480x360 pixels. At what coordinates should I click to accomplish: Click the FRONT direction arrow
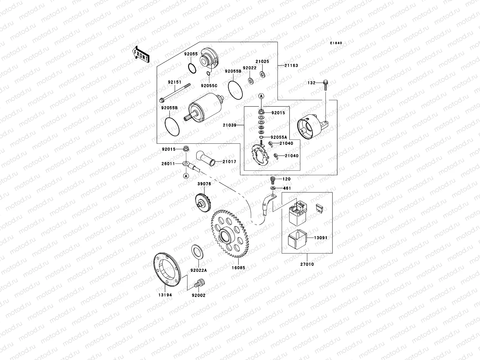pyautogui.click(x=141, y=54)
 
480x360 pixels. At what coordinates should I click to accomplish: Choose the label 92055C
pyautogui.click(x=209, y=85)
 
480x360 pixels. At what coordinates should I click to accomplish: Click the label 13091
pyautogui.click(x=321, y=238)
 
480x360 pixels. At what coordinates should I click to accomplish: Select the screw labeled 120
pyautogui.click(x=273, y=179)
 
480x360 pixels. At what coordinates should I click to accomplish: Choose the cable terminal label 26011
pyautogui.click(x=168, y=164)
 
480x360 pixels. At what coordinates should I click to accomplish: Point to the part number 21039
pyautogui.click(x=230, y=125)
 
